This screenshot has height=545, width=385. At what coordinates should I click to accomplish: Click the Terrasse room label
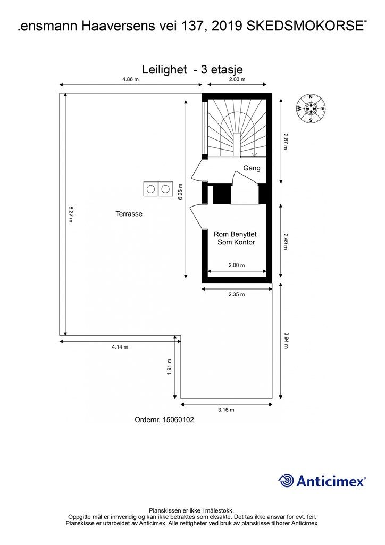point(129,214)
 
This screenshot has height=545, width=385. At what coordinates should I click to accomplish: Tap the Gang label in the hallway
point(252,168)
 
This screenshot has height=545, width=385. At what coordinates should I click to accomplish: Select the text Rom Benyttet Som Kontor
point(236,238)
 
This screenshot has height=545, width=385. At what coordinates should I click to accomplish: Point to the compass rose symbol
point(311,109)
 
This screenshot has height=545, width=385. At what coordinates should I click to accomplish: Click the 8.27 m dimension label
point(71,214)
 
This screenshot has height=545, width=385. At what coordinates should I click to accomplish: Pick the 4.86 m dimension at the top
point(130,79)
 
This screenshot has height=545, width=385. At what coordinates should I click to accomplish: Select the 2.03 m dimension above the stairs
point(237,79)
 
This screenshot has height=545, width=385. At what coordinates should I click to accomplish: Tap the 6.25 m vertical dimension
point(180,192)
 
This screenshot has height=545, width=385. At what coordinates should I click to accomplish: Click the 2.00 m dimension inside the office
point(237,265)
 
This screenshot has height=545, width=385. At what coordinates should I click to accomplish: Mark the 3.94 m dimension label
point(287,340)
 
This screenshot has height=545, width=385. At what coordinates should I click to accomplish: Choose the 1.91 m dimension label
point(170,367)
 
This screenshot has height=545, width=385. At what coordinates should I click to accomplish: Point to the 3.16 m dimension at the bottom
point(226,410)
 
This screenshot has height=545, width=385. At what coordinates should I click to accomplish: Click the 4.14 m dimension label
point(120,347)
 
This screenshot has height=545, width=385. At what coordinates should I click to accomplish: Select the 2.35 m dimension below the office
point(237,294)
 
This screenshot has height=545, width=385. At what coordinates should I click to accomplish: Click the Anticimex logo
point(322,481)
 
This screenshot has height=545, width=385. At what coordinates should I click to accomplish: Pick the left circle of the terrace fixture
point(150,189)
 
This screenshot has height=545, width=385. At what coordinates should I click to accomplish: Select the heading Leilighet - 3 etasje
point(192,69)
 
